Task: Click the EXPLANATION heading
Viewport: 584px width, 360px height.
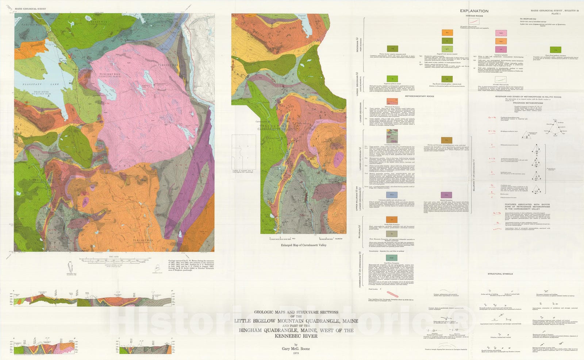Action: [474, 11]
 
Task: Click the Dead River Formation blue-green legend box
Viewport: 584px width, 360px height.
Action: [392, 258]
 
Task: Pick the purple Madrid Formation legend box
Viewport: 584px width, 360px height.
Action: [446, 195]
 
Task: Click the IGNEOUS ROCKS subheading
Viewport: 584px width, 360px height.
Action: [474, 16]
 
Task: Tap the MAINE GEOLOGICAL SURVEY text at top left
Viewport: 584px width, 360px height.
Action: [31, 8]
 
